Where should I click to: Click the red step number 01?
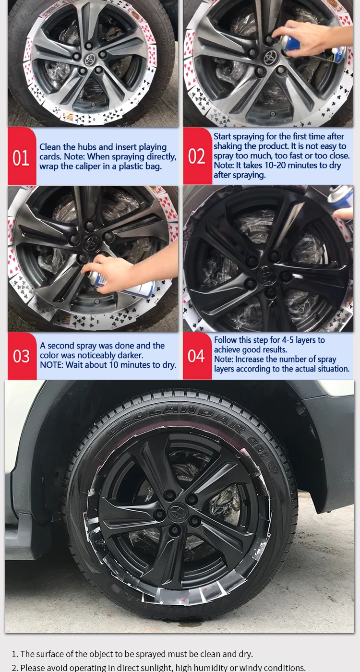pyautogui.click(x=21, y=157)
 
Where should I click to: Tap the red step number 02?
pyautogui.click(x=197, y=156)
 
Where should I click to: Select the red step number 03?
pyautogui.click(x=21, y=356)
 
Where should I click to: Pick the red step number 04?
pyautogui.click(x=196, y=356)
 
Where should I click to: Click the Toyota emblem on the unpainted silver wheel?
pyautogui.click(x=90, y=59)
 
